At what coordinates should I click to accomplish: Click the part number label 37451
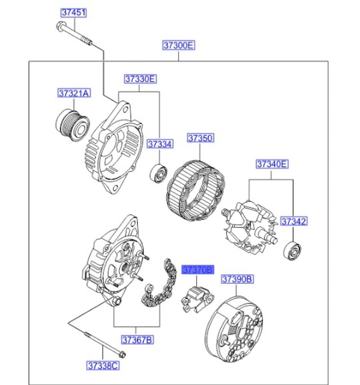coord(73,13)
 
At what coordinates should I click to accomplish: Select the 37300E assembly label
coord(179,46)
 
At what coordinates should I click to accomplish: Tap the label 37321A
coord(74,93)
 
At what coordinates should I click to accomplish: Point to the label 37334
coord(160,144)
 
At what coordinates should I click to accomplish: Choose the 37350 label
coord(200,138)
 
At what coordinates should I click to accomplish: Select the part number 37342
coord(293,221)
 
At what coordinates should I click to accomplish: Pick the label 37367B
coord(137,340)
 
